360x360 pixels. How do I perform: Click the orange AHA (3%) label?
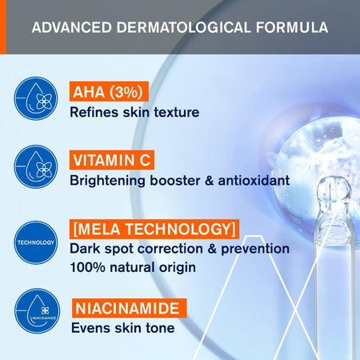107,91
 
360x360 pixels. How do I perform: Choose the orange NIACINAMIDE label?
128,307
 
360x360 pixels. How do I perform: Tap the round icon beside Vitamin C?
36,167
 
